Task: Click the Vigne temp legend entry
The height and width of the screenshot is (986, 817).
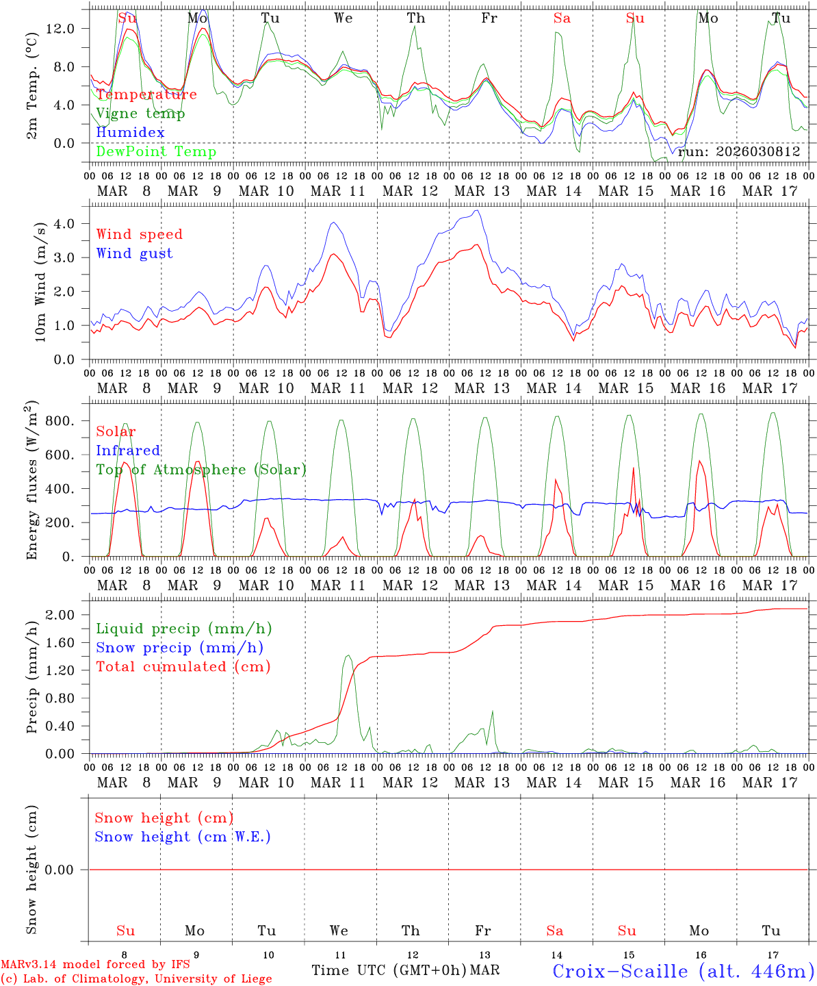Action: [140, 114]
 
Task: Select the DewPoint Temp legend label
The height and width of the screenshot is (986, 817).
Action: [156, 152]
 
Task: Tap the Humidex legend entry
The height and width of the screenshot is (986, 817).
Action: [130, 133]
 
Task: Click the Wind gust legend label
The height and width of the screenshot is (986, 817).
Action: [134, 253]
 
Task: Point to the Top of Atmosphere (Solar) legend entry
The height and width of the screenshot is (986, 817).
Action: [201, 470]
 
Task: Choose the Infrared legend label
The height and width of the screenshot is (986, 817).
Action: [128, 451]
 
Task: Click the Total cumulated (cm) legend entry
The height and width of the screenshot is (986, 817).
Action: [183, 666]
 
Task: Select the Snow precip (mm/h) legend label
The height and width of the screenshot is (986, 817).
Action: [179, 648]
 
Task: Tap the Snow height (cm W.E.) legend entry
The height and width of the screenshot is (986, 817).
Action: [182, 837]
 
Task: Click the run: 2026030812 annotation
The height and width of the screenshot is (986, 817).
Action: [739, 152]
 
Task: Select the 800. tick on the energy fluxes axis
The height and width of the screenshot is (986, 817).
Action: [59, 421]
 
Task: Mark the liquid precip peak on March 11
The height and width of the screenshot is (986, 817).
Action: [348, 655]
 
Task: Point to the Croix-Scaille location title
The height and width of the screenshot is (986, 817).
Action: [683, 971]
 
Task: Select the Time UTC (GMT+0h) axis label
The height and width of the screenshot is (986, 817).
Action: [389, 970]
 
